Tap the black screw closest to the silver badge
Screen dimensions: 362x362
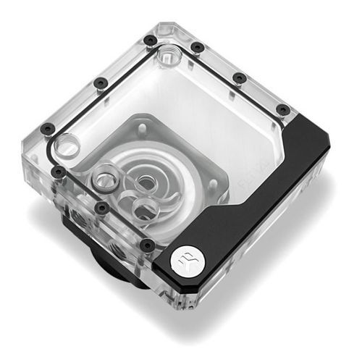tap(148, 244)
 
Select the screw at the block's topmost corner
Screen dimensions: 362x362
tap(149, 41)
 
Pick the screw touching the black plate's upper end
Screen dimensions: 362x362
tap(283, 110)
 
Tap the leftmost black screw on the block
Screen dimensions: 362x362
tap(48, 129)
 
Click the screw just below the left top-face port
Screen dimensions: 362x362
tap(59, 172)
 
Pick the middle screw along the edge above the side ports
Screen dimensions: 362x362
tap(102, 208)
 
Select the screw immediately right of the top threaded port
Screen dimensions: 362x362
tap(197, 48)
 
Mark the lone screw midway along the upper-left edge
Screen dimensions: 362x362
tap(100, 83)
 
